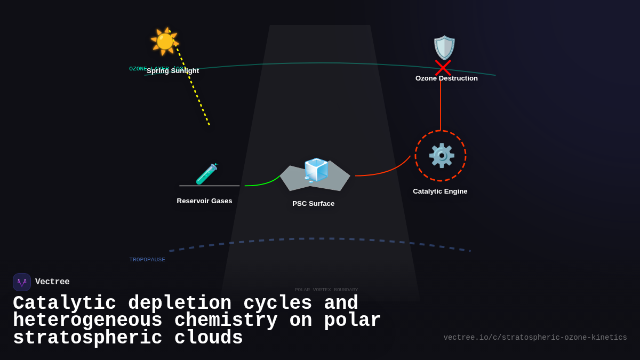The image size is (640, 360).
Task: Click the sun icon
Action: click(x=164, y=41)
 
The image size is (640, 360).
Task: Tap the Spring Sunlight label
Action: click(x=173, y=71)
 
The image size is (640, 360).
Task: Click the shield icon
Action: click(x=444, y=47)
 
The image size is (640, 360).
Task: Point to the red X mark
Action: click(x=443, y=68)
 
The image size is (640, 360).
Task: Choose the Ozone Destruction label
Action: click(x=446, y=78)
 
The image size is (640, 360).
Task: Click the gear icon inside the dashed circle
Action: click(x=441, y=156)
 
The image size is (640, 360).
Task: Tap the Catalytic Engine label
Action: click(x=440, y=191)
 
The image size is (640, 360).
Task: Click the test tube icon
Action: click(x=206, y=174)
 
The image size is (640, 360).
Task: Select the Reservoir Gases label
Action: click(x=204, y=201)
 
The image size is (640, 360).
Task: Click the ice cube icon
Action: click(x=316, y=171)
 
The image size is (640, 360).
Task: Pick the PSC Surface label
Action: click(x=313, y=204)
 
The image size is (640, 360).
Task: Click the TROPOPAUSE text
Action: click(x=147, y=260)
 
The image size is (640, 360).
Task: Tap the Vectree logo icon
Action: click(x=22, y=282)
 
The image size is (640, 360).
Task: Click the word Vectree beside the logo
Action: click(x=52, y=282)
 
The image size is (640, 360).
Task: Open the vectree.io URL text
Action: click(x=535, y=338)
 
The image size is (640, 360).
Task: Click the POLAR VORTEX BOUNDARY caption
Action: click(x=326, y=290)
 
